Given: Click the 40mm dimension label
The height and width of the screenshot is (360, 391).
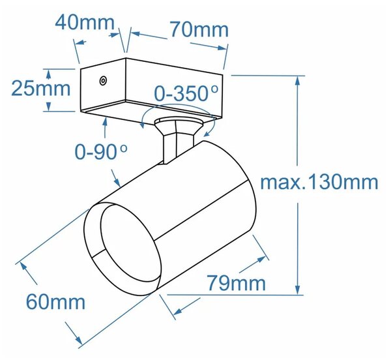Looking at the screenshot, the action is pyautogui.click(x=85, y=23).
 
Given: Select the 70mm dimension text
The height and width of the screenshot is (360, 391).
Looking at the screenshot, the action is pyautogui.click(x=199, y=30).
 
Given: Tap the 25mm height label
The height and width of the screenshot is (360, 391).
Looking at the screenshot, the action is pyautogui.click(x=41, y=89).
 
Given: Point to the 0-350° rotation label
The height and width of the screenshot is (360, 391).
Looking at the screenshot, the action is pyautogui.click(x=186, y=93).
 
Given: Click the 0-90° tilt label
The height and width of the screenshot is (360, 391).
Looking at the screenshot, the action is pyautogui.click(x=101, y=152).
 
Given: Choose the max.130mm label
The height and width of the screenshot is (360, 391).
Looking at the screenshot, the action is pyautogui.click(x=319, y=183).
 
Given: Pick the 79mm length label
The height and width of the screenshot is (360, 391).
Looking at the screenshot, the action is pyautogui.click(x=237, y=283).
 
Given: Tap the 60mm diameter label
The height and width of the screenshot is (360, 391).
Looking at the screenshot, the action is pyautogui.click(x=55, y=302).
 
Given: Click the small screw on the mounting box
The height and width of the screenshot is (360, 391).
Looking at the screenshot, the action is pyautogui.click(x=103, y=81).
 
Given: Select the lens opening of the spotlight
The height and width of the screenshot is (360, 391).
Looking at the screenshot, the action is pyautogui.click(x=130, y=244).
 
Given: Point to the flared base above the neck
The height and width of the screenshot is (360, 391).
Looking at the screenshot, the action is pyautogui.click(x=178, y=126).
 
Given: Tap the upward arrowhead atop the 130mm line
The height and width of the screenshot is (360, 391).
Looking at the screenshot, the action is pyautogui.click(x=297, y=82).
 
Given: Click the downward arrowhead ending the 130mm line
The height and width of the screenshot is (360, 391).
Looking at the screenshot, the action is pyautogui.click(x=297, y=290).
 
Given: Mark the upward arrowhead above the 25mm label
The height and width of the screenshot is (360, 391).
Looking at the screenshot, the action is pyautogui.click(x=48, y=74).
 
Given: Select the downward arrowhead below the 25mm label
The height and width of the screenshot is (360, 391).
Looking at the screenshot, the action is pyautogui.click(x=48, y=106).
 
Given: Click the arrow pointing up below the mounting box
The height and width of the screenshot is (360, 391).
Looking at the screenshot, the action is pyautogui.click(x=105, y=127).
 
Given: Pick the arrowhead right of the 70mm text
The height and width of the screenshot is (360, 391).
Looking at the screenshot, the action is pyautogui.click(x=222, y=48).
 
